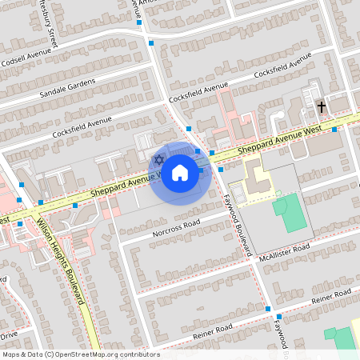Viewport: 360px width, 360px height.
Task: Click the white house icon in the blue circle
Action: (180, 171)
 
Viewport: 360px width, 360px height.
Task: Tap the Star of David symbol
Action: (158, 160)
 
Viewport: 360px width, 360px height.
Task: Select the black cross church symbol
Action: (322, 106)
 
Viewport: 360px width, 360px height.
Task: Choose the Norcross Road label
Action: (168, 228)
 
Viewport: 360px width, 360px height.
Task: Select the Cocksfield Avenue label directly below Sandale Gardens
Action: (82, 126)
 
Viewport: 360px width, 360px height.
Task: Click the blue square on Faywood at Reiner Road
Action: (268, 309)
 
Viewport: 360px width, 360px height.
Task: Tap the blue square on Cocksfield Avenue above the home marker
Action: (189, 128)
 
